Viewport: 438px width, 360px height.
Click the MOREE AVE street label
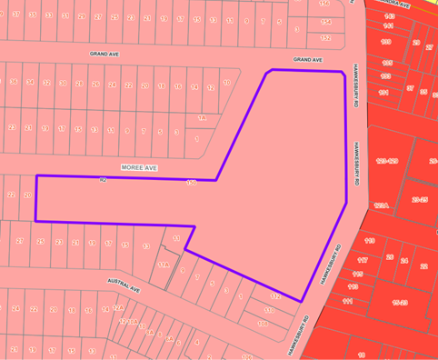pos(139,167)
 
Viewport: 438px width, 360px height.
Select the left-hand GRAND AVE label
pos(105,54)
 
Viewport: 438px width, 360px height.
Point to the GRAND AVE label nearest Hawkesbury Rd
pos(307,60)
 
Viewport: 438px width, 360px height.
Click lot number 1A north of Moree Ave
pos(203,118)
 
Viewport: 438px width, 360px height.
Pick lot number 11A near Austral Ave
pos(163,265)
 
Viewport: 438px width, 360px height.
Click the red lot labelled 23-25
pos(420,198)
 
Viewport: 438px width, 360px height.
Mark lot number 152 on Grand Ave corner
pos(325,37)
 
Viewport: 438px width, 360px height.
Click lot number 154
pos(325,21)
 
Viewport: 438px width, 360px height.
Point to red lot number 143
pos(389,16)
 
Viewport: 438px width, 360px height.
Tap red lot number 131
pos(383,92)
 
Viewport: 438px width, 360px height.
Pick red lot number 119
pos(370,241)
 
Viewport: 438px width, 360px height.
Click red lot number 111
pos(346,301)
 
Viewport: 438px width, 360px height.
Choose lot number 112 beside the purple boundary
pos(275,297)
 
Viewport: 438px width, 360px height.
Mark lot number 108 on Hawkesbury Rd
pos(264,323)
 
